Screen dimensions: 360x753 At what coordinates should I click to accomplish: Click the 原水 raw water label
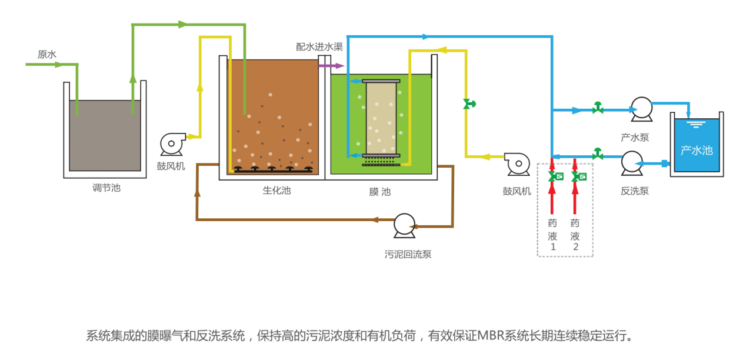[x=47, y=55]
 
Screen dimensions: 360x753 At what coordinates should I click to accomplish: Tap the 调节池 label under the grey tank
[x=106, y=188]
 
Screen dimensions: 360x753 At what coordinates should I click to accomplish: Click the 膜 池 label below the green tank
[x=379, y=192]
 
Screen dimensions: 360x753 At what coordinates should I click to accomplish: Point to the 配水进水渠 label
[x=319, y=46]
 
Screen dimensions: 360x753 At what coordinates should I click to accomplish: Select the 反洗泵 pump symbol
[x=632, y=162]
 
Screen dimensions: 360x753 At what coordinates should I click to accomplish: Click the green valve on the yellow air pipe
[x=469, y=104]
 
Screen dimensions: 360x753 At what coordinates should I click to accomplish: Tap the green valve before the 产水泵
[x=598, y=108]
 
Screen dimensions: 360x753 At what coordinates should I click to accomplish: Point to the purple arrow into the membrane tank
[x=324, y=65]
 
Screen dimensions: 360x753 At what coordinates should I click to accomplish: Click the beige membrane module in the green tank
[x=381, y=118]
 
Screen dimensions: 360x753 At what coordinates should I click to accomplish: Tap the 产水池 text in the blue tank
[x=697, y=151]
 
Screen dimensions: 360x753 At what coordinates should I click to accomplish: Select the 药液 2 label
[x=575, y=235]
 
